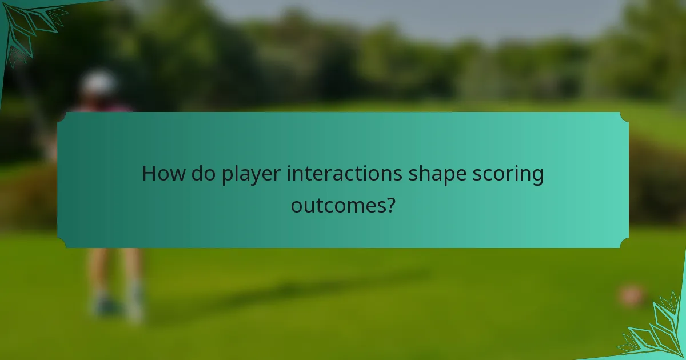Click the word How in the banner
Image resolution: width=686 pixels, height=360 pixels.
pyautogui.click(x=161, y=174)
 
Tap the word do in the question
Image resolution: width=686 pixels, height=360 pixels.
pyautogui.click(x=201, y=174)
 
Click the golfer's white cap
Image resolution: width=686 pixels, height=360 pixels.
pyautogui.click(x=98, y=83)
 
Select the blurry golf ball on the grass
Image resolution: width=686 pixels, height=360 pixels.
pyautogui.click(x=631, y=295)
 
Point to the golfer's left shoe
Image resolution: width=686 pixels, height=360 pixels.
pyautogui.click(x=105, y=306)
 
